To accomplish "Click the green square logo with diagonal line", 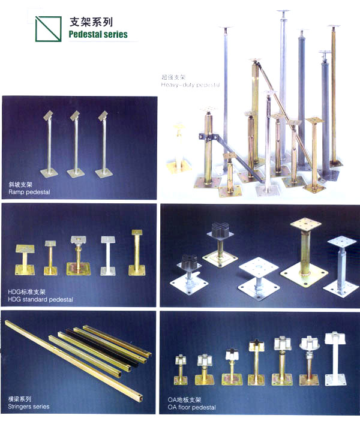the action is [x=49, y=29].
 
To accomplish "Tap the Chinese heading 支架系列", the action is [x=91, y=22].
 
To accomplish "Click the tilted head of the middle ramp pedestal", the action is [x=75, y=116].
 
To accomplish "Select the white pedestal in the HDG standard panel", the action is [x=108, y=255].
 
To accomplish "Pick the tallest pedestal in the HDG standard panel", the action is [x=137, y=252].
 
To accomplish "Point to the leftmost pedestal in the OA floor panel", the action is [x=181, y=369].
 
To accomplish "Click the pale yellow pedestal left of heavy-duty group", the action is [x=178, y=148].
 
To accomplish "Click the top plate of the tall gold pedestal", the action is [x=306, y=225].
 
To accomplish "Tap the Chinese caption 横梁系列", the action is [x=19, y=399].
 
